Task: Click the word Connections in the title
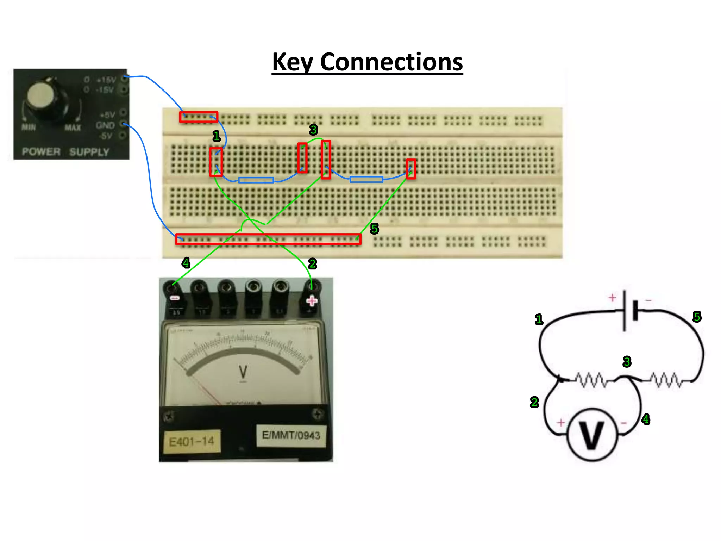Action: [x=391, y=62]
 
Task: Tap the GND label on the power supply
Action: [x=105, y=125]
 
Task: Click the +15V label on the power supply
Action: [x=106, y=80]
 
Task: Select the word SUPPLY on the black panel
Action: [x=89, y=152]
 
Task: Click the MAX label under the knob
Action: [x=73, y=128]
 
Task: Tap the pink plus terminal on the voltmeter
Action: [x=312, y=301]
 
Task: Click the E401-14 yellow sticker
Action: [x=192, y=441]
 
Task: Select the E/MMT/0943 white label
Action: [x=291, y=435]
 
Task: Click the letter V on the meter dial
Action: [x=243, y=372]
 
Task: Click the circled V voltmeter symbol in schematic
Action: [x=592, y=435]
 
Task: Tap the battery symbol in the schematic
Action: [x=629, y=310]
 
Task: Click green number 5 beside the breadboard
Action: [x=374, y=229]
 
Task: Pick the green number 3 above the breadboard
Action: [x=313, y=130]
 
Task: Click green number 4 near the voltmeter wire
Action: [x=186, y=263]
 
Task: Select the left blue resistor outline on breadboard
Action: [x=256, y=180]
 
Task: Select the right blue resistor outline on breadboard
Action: [x=366, y=179]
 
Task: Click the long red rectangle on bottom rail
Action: [x=268, y=239]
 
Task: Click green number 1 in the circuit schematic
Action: [x=539, y=319]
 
